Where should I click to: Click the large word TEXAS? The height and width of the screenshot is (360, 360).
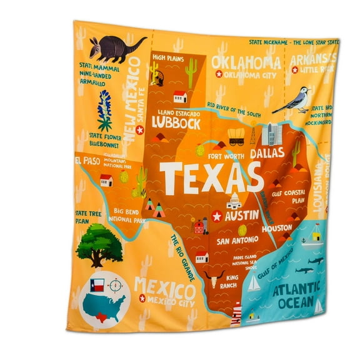(211, 177)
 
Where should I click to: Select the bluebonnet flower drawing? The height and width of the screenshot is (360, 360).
(105, 111)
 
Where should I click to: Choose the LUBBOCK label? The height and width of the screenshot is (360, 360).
(176, 124)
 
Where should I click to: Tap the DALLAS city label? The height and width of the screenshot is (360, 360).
(267, 152)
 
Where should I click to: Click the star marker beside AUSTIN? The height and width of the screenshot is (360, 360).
(217, 216)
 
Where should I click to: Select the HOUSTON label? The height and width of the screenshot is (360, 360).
(276, 229)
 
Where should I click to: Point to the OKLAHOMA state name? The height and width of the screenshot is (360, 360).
(246, 62)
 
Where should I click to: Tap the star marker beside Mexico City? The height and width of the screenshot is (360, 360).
(141, 299)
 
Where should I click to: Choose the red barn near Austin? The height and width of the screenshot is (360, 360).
(199, 226)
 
